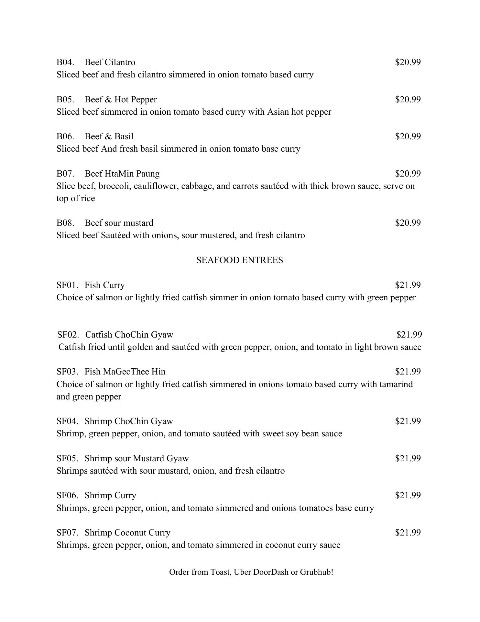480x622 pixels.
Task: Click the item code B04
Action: coord(65,62)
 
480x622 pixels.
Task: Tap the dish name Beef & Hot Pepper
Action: coord(121,99)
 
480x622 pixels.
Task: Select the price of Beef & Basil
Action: coord(408,136)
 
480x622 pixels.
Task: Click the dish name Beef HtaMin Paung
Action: coord(122,174)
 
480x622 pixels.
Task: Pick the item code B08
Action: coord(65,223)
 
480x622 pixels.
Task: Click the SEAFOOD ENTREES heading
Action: coord(240,260)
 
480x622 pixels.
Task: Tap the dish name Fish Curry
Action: coord(104,285)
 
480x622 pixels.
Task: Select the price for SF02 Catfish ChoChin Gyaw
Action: coord(409,334)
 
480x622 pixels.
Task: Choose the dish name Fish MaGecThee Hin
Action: coord(125,372)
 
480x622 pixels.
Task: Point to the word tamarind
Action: coord(396,384)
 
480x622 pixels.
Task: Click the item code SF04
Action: coord(67,421)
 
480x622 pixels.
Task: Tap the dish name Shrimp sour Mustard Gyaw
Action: coord(136,458)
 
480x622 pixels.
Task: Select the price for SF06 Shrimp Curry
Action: coord(408,495)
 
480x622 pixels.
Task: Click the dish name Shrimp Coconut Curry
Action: coord(127,533)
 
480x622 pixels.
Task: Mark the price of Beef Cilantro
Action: coord(408,62)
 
